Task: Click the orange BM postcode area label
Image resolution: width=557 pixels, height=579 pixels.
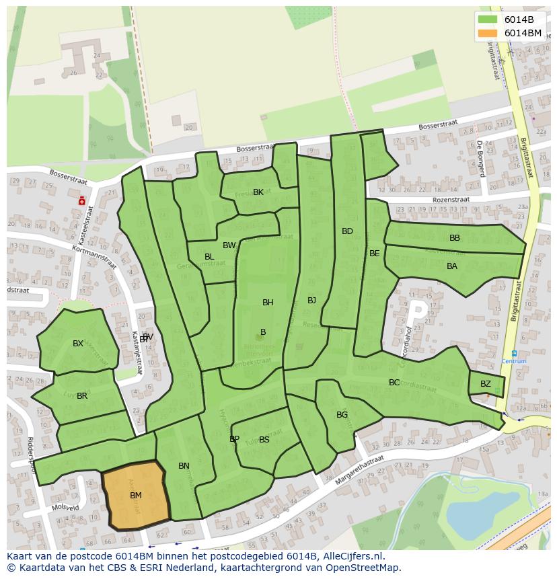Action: coord(136,496)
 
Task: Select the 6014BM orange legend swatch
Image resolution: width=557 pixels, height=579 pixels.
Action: coord(488,33)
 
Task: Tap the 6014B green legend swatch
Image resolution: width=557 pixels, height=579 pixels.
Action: coord(488,20)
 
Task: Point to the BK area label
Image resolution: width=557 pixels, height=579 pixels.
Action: coord(258,192)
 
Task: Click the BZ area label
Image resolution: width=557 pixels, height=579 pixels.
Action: coord(486,384)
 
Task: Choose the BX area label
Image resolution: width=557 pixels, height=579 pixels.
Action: coord(78,344)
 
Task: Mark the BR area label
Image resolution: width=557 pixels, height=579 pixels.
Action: coord(82,396)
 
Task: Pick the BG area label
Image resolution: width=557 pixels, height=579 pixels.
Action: coord(342,415)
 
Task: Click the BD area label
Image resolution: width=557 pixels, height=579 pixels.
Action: coord(347,231)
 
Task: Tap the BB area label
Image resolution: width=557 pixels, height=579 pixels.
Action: coord(455,238)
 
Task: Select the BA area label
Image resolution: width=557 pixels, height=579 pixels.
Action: coord(452,266)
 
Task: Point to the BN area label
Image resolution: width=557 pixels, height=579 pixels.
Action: coord(184,466)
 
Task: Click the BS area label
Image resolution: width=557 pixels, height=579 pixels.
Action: coord(264,440)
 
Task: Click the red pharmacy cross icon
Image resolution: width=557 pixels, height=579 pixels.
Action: coord(81,200)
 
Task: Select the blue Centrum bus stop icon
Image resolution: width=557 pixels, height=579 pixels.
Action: coord(514,353)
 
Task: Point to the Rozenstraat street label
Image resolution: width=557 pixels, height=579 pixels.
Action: coord(449,200)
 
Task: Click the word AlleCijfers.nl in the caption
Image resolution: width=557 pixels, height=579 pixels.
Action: coord(352,556)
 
